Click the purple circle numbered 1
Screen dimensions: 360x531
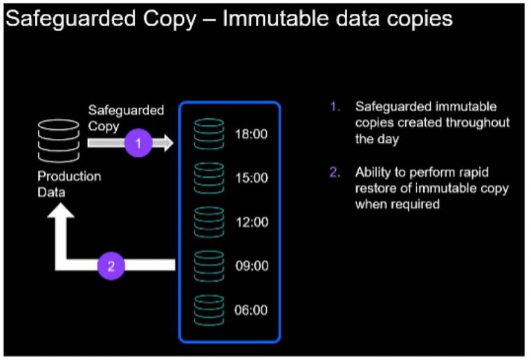coord(139,143)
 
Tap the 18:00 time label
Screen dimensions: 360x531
coord(251,134)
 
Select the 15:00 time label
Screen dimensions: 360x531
coord(251,178)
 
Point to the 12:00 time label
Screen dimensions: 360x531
coord(251,222)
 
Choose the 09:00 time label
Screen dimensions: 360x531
coord(251,266)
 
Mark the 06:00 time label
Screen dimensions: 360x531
coord(251,310)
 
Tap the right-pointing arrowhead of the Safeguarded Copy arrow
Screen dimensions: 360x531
coord(166,143)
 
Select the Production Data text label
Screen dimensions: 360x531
coord(68,184)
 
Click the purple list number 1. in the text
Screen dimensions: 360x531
coord(335,107)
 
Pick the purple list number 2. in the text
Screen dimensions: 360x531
coord(335,173)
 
